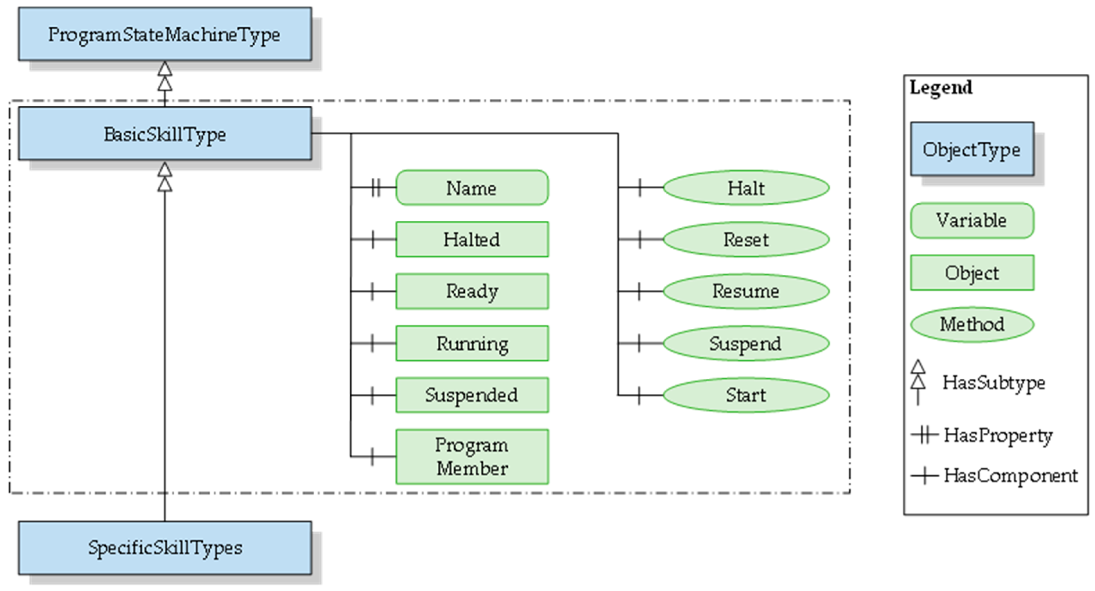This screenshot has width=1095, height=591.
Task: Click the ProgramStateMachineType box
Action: pyautogui.click(x=165, y=34)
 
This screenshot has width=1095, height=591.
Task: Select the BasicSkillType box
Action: pyautogui.click(x=165, y=134)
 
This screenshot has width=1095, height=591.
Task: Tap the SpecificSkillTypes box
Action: pyautogui.click(x=165, y=548)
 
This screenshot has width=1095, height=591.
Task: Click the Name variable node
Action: pyautogui.click(x=472, y=188)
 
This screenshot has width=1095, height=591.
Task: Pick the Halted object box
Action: pyautogui.click(x=472, y=239)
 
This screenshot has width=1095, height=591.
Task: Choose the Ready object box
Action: pyautogui.click(x=472, y=291)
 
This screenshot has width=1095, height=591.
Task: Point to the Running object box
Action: pyautogui.click(x=472, y=343)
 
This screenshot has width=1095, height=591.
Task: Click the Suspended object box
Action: pyautogui.click(x=472, y=395)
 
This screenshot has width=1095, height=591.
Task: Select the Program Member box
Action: pyautogui.click(x=472, y=457)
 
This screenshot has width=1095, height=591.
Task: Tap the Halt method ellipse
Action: pyautogui.click(x=746, y=188)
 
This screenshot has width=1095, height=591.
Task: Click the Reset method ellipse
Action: pyautogui.click(x=746, y=239)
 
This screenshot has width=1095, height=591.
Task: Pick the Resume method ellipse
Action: pyautogui.click(x=746, y=291)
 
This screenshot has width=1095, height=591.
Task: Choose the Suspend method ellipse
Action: pyautogui.click(x=746, y=343)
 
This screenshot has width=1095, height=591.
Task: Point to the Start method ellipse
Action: pyautogui.click(x=746, y=395)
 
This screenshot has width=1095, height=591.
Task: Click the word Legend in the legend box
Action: pyautogui.click(x=941, y=88)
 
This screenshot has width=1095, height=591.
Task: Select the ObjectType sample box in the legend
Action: pyautogui.click(x=972, y=149)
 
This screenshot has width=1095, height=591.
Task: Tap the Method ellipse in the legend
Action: pyautogui.click(x=972, y=325)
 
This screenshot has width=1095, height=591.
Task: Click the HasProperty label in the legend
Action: pyautogui.click(x=998, y=435)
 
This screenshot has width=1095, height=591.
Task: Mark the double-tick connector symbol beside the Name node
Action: pyautogui.click(x=375, y=187)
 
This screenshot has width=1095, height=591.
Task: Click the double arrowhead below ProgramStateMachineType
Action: pyautogui.click(x=165, y=77)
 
